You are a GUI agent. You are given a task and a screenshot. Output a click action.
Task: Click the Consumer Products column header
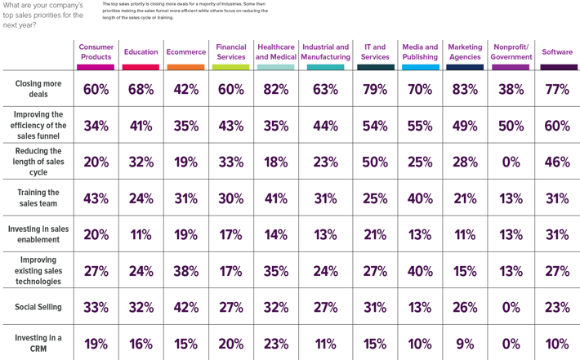96,51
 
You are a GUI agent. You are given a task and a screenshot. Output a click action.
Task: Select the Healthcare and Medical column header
275,51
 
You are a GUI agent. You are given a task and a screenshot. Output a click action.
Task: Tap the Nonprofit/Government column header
511,51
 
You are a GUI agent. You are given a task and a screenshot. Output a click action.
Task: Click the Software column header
557,52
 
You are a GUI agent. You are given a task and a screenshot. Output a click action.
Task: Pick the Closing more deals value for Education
141,90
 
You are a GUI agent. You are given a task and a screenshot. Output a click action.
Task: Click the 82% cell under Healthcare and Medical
275,90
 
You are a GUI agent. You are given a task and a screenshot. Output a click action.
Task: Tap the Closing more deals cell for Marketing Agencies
465,90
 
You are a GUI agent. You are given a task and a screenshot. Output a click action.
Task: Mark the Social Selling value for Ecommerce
185,308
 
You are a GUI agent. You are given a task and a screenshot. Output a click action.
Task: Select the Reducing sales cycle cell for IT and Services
375,162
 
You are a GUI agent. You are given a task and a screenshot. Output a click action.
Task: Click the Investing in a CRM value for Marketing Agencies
465,344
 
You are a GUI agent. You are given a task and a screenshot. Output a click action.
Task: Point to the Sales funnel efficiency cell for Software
557,126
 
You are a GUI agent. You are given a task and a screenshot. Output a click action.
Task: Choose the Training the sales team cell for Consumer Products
96,198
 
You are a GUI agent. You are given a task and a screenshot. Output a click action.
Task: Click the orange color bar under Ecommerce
185,67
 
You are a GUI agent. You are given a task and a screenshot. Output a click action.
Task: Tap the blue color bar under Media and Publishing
420,67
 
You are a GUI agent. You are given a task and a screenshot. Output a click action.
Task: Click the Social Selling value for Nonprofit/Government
511,308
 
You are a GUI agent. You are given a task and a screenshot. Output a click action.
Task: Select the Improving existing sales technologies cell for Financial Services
231,271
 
